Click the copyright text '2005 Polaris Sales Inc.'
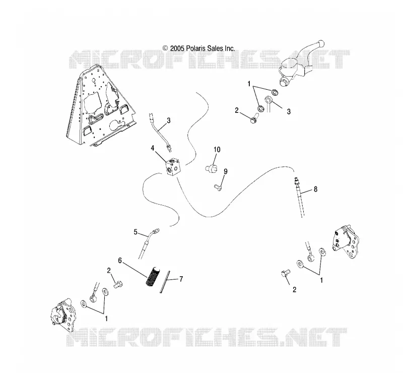[x=198, y=48]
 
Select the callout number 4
[x=153, y=148]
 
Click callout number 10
[x=217, y=150]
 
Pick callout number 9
[x=225, y=171]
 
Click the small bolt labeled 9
[x=218, y=188]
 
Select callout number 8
[x=315, y=189]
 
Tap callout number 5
[x=136, y=232]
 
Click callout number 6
[x=120, y=260]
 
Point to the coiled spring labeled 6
[x=153, y=276]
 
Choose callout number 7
[x=181, y=279]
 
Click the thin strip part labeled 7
[x=165, y=282]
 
